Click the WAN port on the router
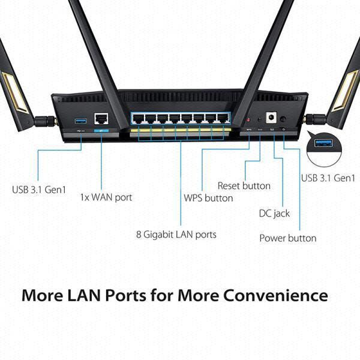(101, 118)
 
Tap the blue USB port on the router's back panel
(80, 121)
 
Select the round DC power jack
(271, 118)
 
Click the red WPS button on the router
(248, 120)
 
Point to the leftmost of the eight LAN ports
(139, 118)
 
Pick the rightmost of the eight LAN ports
(223, 118)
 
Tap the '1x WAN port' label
(106, 197)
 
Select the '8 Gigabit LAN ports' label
(176, 235)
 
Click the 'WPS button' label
(208, 198)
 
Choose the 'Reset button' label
(244, 186)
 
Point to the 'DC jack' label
(274, 214)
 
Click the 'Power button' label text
(287, 238)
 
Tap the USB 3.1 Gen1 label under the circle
(328, 178)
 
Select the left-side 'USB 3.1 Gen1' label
(39, 190)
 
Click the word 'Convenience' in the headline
(275, 295)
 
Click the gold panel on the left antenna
(14, 92)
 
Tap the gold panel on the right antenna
(346, 91)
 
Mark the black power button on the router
(283, 119)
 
